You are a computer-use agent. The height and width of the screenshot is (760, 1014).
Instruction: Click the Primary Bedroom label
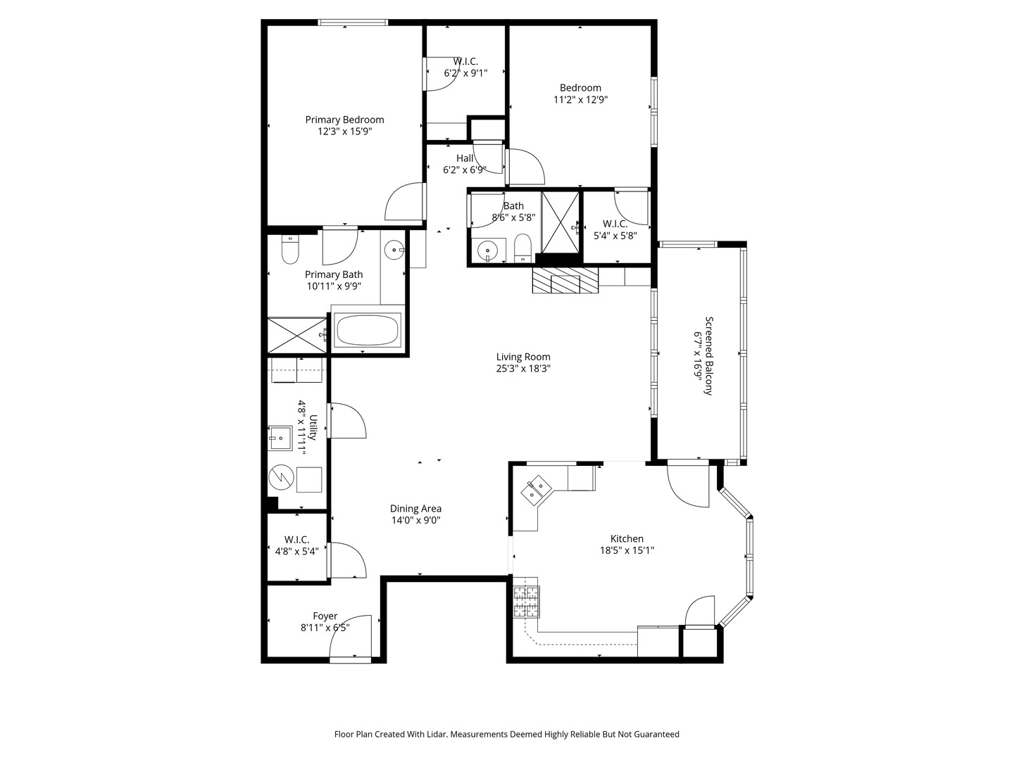coord(344,120)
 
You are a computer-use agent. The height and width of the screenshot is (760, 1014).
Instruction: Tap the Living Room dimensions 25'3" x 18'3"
coord(522,368)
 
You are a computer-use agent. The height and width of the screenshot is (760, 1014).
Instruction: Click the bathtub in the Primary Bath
coord(367,330)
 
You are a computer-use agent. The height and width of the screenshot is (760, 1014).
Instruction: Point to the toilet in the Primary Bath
coord(290,251)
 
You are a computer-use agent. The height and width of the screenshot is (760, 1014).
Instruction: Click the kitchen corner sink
coord(537,489)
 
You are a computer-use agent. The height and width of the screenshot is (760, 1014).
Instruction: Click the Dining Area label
coord(415,509)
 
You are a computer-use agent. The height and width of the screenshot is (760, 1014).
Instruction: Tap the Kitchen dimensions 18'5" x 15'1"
coord(622,551)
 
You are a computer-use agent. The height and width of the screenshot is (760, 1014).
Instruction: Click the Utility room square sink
coord(281,438)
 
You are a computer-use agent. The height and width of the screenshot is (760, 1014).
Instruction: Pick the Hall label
coord(465,158)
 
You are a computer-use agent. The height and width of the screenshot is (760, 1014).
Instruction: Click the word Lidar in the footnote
coord(434,734)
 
